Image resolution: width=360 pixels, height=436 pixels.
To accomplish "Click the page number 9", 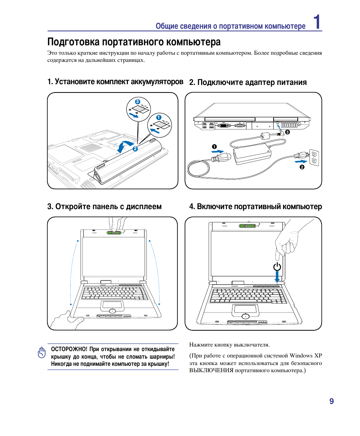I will [x=331, y=401].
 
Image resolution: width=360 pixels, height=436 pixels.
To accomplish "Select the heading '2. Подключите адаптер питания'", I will [x=248, y=82].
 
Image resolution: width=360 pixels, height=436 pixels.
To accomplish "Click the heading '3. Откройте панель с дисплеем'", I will [x=105, y=206].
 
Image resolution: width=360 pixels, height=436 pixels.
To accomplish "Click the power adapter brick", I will [x=252, y=155].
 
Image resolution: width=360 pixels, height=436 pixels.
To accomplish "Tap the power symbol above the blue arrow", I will [x=277, y=267].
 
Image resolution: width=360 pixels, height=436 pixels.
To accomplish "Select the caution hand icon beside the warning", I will [x=41, y=353].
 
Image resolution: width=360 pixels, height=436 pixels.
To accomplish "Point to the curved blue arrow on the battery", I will [x=125, y=146].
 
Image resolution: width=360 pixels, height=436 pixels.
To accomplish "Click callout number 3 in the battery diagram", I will [x=137, y=102].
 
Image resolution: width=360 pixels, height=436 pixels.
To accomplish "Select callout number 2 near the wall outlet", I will [x=302, y=167].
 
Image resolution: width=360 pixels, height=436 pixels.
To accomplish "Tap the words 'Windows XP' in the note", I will [x=307, y=356].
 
